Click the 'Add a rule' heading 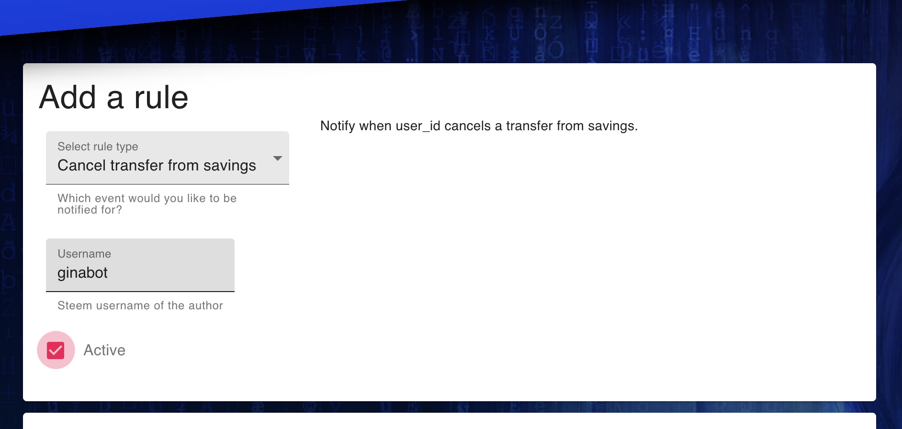[113, 98]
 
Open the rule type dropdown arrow [277, 158]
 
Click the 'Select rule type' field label [98, 147]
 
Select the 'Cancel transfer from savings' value [157, 166]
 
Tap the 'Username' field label [84, 254]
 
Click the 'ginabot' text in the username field [82, 273]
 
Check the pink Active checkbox [56, 350]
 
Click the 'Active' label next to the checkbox [104, 350]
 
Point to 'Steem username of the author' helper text [140, 305]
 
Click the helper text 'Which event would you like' [147, 198]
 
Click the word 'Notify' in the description [338, 126]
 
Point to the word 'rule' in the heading [161, 98]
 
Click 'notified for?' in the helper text [90, 210]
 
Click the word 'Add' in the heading [68, 98]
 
